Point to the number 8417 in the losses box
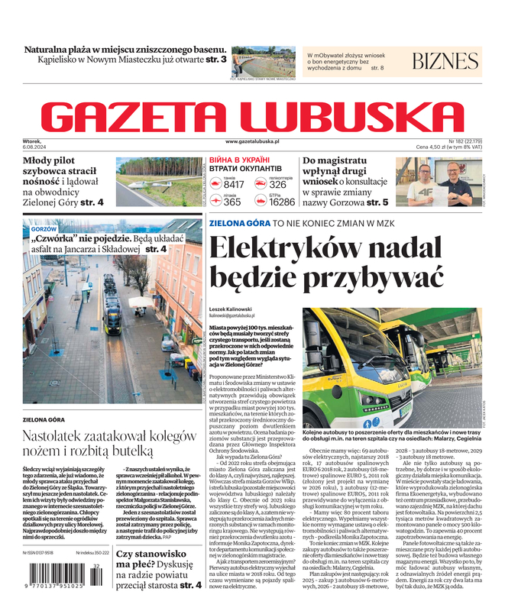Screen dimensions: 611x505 tap(233, 185)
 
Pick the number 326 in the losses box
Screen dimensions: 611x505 tap(278, 185)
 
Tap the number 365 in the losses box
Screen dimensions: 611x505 tap(231, 202)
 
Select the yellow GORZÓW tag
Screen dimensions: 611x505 tap(44, 228)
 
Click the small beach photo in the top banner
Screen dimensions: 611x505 tap(263, 61)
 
